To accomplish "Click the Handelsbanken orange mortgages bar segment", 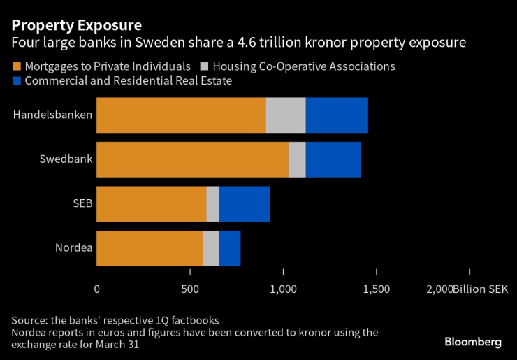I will [181, 115].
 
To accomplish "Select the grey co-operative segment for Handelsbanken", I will [286, 115].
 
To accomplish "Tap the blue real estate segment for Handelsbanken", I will [337, 115].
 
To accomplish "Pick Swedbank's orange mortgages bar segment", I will [192, 159].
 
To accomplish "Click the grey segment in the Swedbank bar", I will [297, 159].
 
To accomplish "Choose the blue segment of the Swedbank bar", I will [333, 159].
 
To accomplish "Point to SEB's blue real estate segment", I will [245, 204].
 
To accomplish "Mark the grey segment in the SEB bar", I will [213, 204].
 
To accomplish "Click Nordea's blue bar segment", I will [230, 248].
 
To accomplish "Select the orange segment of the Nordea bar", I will [150, 248].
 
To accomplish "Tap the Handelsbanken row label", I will [52, 115].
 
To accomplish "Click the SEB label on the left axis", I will [82, 204].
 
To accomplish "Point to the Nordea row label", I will [73, 248].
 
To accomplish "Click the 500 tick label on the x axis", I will [190, 289].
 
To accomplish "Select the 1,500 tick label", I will [377, 289].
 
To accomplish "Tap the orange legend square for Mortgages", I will [16, 67].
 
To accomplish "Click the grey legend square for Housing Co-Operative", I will [205, 67].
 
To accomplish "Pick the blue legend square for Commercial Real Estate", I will [16, 81].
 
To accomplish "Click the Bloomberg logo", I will [473, 342].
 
